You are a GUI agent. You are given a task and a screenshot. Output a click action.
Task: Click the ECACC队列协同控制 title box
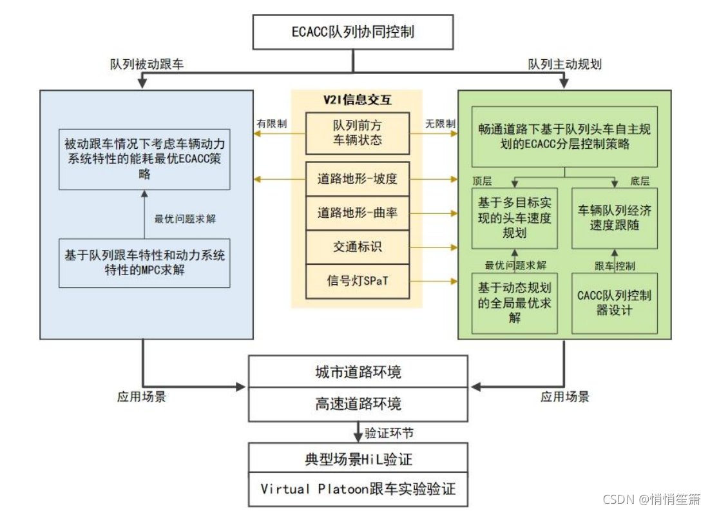(x=353, y=32)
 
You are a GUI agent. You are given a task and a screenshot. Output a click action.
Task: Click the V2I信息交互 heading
(x=357, y=100)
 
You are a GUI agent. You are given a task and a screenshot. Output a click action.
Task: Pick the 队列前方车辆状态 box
(x=357, y=133)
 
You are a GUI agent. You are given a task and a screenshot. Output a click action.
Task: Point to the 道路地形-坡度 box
(x=357, y=178)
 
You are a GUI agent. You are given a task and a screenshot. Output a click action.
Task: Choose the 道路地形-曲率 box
(x=357, y=213)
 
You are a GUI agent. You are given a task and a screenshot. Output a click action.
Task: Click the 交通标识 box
(x=357, y=247)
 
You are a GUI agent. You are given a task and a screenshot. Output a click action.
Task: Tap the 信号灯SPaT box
(x=357, y=281)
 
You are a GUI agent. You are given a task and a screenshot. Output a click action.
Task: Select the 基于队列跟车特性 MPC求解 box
(x=144, y=263)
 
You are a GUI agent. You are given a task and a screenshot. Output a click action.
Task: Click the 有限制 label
(x=272, y=123)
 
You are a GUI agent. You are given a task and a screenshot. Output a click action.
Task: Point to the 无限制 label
(x=441, y=123)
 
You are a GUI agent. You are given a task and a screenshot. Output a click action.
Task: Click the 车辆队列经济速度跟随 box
(x=615, y=218)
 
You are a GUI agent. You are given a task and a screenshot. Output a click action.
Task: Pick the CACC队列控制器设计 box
(x=615, y=303)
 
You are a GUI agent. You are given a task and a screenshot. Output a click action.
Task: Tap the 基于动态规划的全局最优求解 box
(x=514, y=303)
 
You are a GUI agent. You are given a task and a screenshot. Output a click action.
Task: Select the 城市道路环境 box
(x=358, y=372)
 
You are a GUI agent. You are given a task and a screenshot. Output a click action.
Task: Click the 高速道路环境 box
(x=358, y=403)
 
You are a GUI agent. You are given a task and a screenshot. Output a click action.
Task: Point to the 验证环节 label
(x=389, y=433)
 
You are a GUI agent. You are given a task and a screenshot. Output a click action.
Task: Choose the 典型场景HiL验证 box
(x=358, y=459)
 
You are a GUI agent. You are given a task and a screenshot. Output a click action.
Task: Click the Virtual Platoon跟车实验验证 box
(x=358, y=489)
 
